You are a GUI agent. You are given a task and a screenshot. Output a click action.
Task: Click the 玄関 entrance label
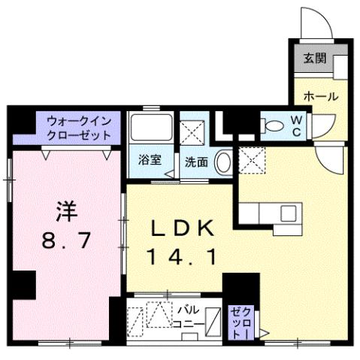(x=315, y=59)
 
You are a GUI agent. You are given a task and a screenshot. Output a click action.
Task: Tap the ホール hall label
(x=320, y=96)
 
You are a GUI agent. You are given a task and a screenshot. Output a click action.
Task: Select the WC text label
(x=296, y=125)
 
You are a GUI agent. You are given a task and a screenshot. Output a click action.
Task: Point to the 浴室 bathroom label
(x=149, y=159)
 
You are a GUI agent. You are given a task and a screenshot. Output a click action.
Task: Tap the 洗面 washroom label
(x=196, y=161)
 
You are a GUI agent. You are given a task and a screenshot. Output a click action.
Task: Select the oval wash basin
(x=222, y=161)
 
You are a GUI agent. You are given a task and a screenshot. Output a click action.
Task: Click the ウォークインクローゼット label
(x=78, y=127)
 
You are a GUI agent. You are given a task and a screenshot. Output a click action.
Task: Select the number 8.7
(x=65, y=242)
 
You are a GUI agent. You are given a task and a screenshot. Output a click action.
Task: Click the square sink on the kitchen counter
(x=289, y=213)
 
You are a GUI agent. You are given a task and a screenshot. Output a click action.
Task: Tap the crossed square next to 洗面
(x=189, y=129)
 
